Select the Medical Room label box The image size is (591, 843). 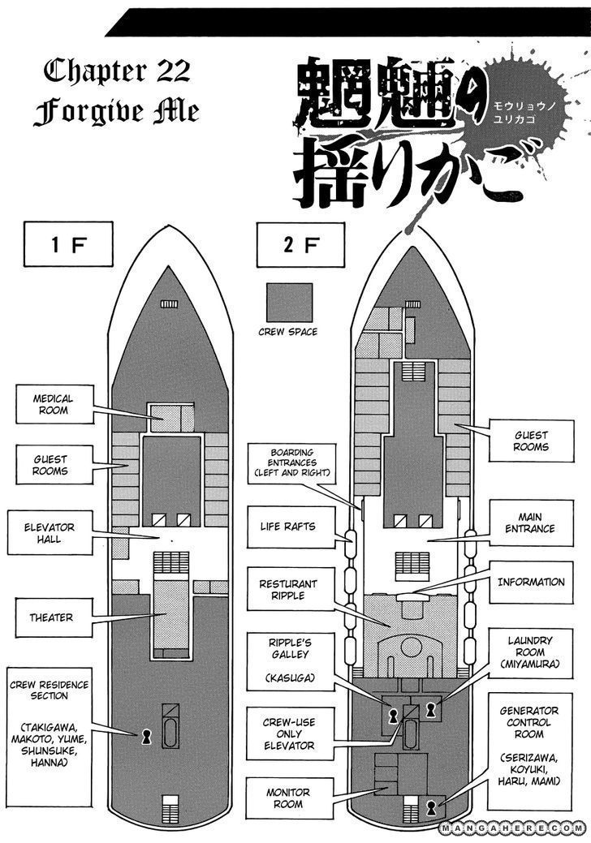[x=53, y=405]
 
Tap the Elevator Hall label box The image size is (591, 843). [x=53, y=533]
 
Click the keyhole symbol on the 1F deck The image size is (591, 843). [x=147, y=735]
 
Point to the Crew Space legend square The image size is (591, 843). [x=287, y=303]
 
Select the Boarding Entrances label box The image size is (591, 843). [x=288, y=462]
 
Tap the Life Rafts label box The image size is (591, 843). [x=288, y=527]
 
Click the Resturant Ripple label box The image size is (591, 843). [x=288, y=590]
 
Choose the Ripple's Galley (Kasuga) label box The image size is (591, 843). [x=288, y=664]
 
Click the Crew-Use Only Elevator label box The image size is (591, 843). [x=288, y=733]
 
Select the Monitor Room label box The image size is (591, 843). [x=288, y=798]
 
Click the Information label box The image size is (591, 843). [x=530, y=582]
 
